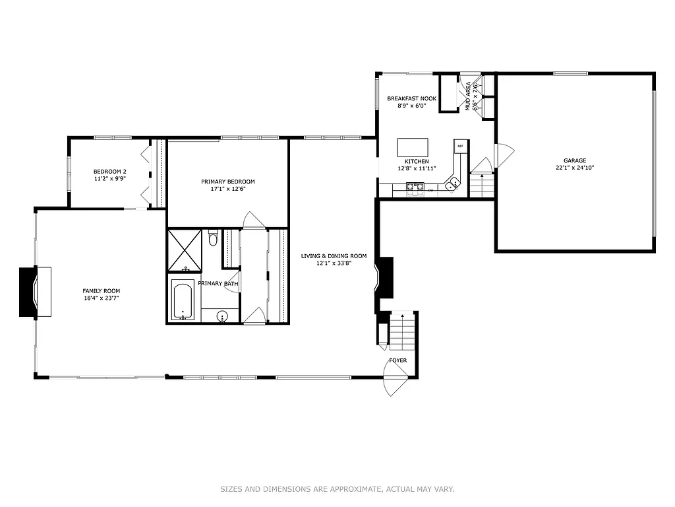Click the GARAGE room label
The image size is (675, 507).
[x=574, y=160]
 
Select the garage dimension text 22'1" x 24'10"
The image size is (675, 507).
[x=574, y=168]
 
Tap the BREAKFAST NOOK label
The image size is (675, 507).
[x=411, y=98]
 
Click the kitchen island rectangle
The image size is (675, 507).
[x=413, y=147]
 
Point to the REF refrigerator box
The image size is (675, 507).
[x=460, y=146]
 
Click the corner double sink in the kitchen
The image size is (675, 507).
[x=452, y=184]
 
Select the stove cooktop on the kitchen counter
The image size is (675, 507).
[x=415, y=189]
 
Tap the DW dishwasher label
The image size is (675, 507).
[x=430, y=190]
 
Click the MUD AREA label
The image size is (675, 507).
[x=469, y=96]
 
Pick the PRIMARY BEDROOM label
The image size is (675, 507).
[x=227, y=182]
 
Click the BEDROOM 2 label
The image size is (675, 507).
[x=109, y=172]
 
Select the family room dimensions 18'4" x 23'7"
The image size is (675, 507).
[x=101, y=298]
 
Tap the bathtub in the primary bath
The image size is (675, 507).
[x=183, y=300]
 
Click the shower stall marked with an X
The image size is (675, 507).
[x=185, y=250]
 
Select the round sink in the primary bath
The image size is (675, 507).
[x=223, y=316]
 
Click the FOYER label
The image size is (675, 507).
[x=397, y=360]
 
